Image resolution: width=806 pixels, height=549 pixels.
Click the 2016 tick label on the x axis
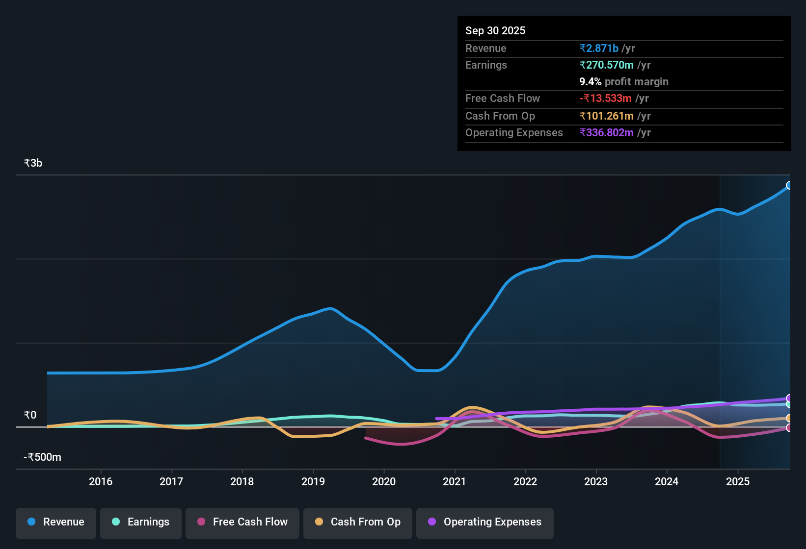click(x=101, y=481)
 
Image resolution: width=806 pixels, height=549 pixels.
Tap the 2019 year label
click(x=313, y=481)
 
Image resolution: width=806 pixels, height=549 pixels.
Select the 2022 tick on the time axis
click(x=525, y=481)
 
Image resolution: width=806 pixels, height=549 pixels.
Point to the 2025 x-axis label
click(x=738, y=481)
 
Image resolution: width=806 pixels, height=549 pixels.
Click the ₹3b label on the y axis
click(x=33, y=163)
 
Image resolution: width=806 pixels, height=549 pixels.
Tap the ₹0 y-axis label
click(x=30, y=415)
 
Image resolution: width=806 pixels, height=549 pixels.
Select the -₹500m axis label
click(x=42, y=457)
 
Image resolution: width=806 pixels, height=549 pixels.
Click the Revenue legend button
click(x=56, y=522)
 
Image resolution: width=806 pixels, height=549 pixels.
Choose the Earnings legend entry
click(x=141, y=522)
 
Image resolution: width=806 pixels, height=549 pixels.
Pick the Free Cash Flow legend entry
click(x=242, y=522)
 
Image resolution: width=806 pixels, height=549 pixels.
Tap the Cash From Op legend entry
click(x=358, y=522)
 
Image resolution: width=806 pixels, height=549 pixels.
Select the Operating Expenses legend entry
click(x=485, y=522)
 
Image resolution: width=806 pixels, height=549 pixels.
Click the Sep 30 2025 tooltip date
click(x=495, y=30)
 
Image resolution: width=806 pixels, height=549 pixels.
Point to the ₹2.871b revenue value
click(x=599, y=48)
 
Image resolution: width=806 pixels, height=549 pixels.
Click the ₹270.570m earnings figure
click(x=606, y=65)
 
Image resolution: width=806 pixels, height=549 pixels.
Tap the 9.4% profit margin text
click(x=624, y=81)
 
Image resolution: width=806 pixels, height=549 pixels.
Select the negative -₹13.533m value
click(x=605, y=98)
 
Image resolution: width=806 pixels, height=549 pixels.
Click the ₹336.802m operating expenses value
click(x=606, y=132)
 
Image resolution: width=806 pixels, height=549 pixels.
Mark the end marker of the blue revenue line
click(x=789, y=185)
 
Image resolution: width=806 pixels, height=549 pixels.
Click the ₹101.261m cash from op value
click(x=606, y=116)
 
